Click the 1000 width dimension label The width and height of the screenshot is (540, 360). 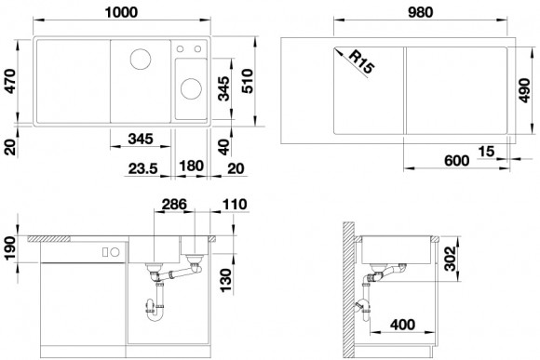tap(121, 12)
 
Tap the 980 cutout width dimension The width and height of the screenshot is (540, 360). tap(420, 12)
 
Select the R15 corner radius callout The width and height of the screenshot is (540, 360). tap(361, 62)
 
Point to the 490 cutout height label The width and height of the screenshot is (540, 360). tap(524, 90)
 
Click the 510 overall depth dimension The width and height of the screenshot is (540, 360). tap(248, 81)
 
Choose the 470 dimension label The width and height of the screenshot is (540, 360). tap(11, 81)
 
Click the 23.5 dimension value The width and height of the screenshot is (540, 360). tap(143, 168)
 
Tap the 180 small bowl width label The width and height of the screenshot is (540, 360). tap(192, 166)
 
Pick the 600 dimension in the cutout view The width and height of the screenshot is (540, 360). tap(456, 160)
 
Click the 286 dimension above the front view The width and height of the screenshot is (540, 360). tap(174, 205)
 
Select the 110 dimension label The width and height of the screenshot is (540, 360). tap(235, 205)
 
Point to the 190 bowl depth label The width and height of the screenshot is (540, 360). tap(11, 248)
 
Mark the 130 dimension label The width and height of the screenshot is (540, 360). tap(226, 281)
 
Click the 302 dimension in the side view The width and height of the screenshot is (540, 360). tap(450, 259)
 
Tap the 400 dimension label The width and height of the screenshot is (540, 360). tap(402, 325)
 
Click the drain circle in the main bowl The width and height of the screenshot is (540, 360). tap(141, 59)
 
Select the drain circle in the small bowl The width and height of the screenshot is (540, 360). tap(191, 88)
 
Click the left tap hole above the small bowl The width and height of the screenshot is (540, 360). tap(180, 49)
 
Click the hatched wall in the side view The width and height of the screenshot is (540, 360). tap(349, 290)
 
